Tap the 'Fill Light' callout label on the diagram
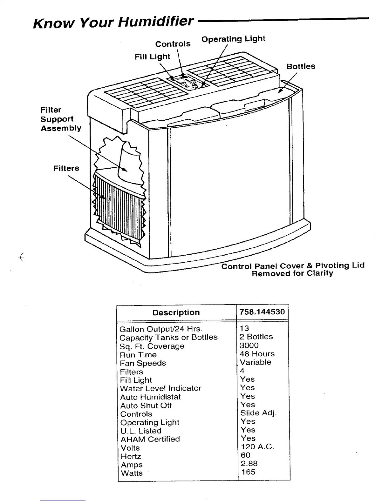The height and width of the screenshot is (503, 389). (x=153, y=57)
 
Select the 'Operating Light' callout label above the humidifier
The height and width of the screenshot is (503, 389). (x=233, y=39)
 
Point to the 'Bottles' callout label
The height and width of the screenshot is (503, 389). (x=301, y=66)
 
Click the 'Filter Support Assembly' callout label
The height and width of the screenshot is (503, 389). (x=61, y=119)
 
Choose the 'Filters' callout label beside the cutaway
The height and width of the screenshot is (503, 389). (x=66, y=168)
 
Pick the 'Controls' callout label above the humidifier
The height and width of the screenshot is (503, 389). (x=173, y=44)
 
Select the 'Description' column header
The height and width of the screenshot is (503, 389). (x=176, y=312)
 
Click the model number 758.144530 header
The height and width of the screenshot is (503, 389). (x=262, y=312)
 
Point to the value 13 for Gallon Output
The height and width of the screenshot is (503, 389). (x=244, y=328)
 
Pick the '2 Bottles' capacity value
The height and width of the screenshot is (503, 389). (x=256, y=337)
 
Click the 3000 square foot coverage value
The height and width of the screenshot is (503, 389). (x=249, y=345)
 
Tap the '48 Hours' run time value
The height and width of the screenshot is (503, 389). (x=257, y=354)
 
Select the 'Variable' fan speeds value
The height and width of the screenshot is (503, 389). (x=256, y=362)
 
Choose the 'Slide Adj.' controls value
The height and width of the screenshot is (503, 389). (x=258, y=413)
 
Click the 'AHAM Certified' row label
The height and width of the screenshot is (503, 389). (x=150, y=439)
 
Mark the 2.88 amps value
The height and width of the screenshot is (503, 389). (x=249, y=464)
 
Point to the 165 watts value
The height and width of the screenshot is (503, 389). (x=248, y=472)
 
